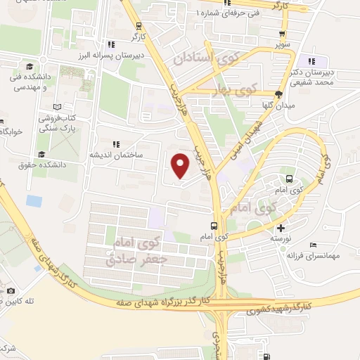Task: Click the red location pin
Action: point(181,165)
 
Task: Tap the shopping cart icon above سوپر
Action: point(282,34)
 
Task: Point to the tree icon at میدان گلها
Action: point(278,94)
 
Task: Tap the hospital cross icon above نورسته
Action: point(281,227)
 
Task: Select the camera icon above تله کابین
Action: point(10,290)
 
